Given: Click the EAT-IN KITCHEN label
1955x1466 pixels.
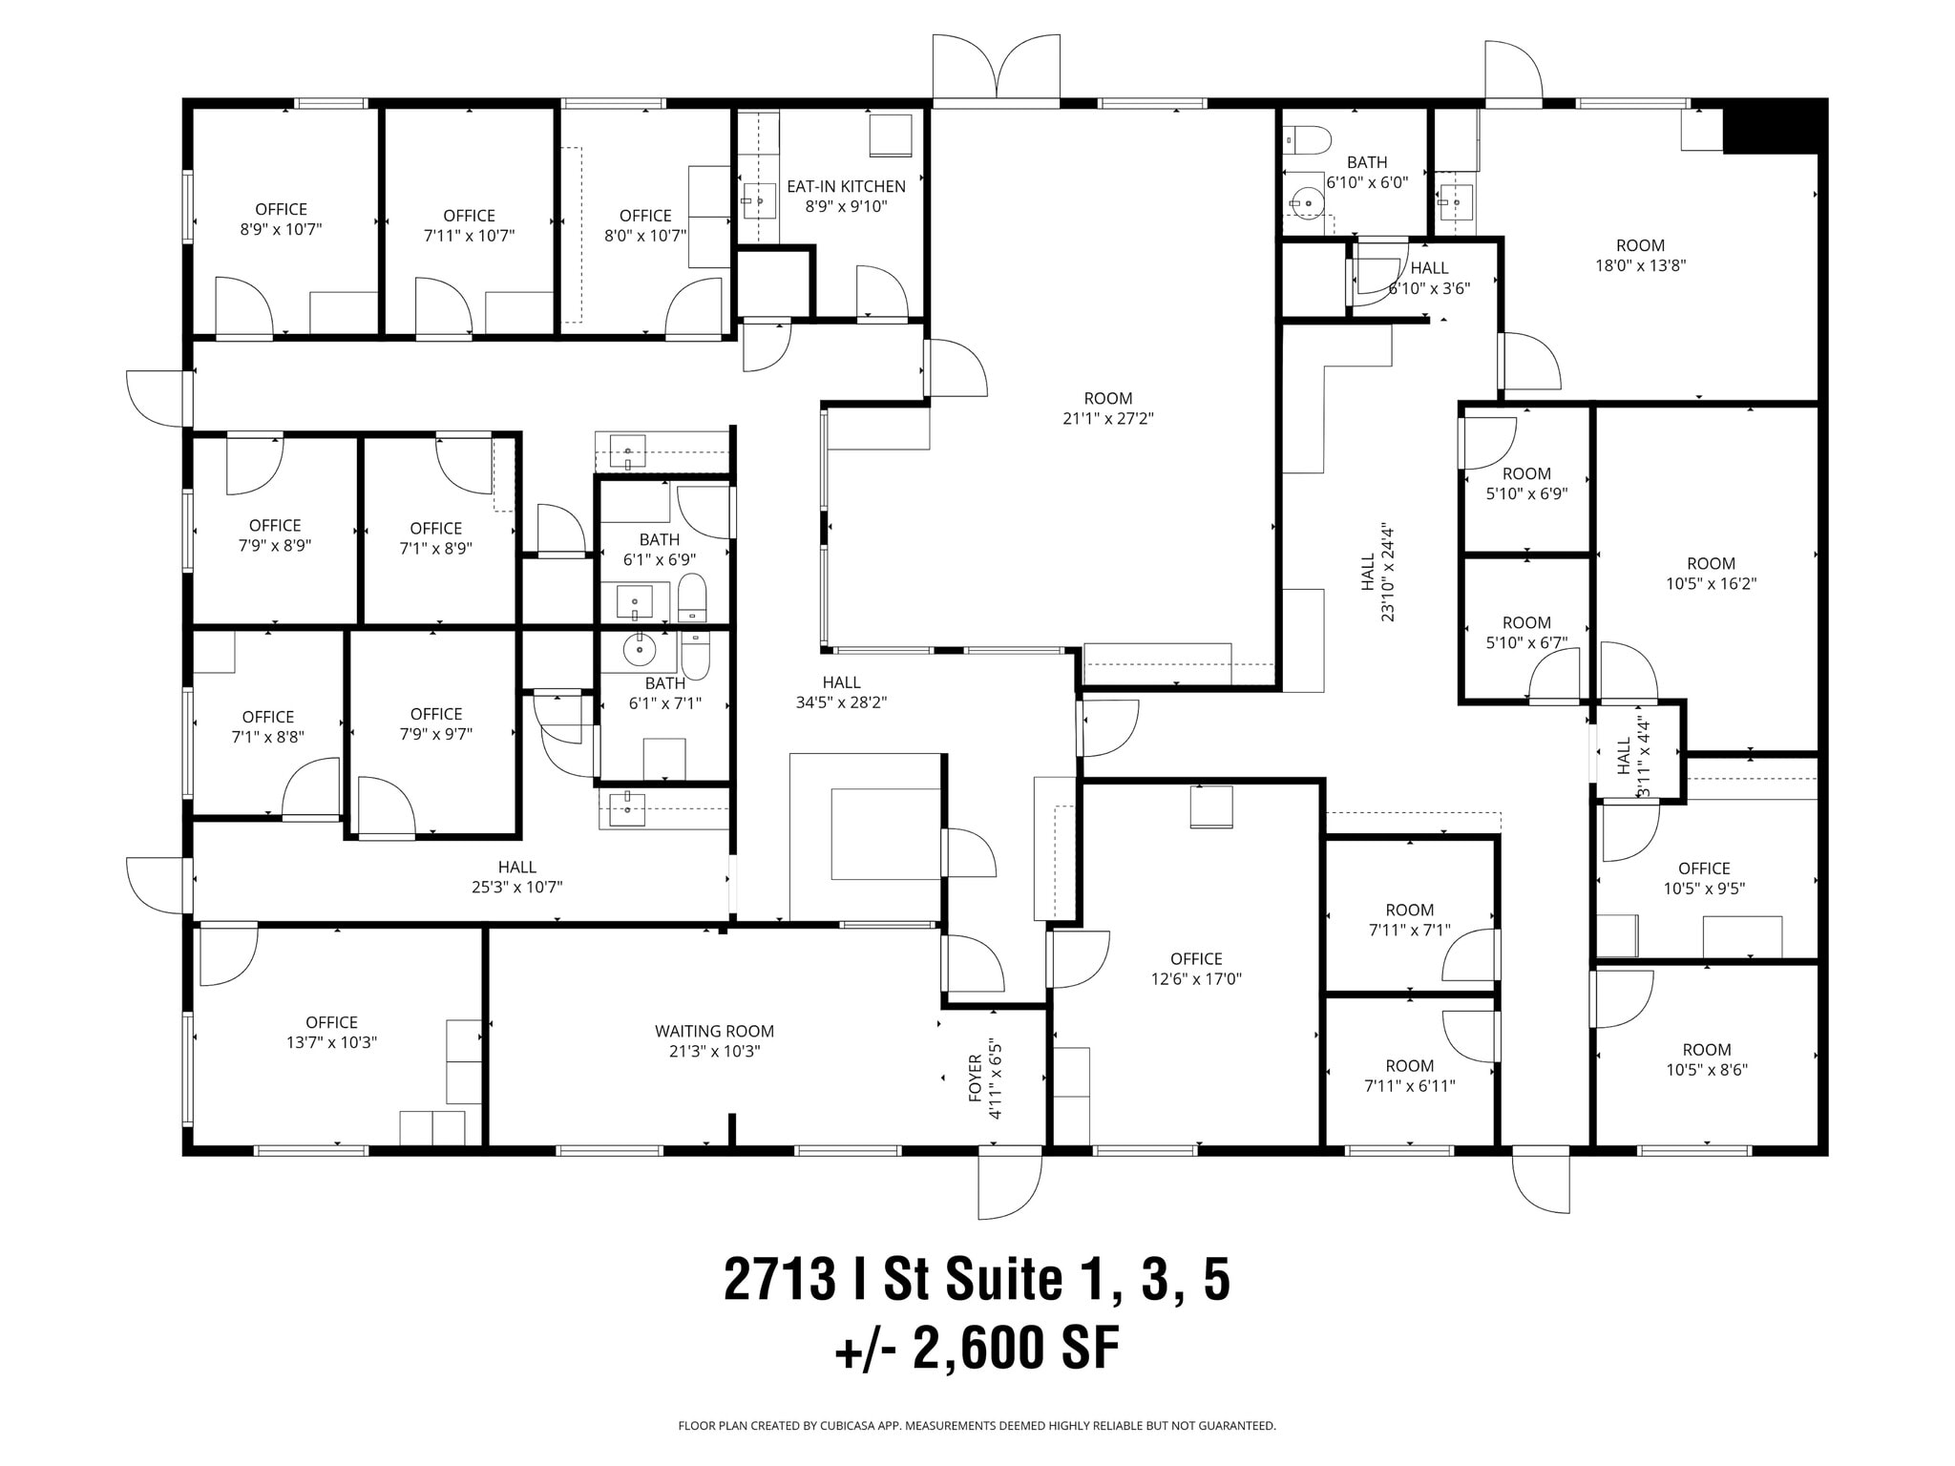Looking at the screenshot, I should pyautogui.click(x=846, y=187).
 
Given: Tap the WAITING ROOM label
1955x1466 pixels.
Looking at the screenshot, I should pyautogui.click(x=714, y=1032).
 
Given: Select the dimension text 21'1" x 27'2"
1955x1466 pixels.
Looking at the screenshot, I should pyautogui.click(x=1107, y=418).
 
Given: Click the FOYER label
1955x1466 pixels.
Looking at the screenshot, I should pyautogui.click(x=976, y=1078).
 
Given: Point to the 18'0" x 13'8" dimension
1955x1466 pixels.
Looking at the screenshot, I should pyautogui.click(x=1640, y=266).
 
